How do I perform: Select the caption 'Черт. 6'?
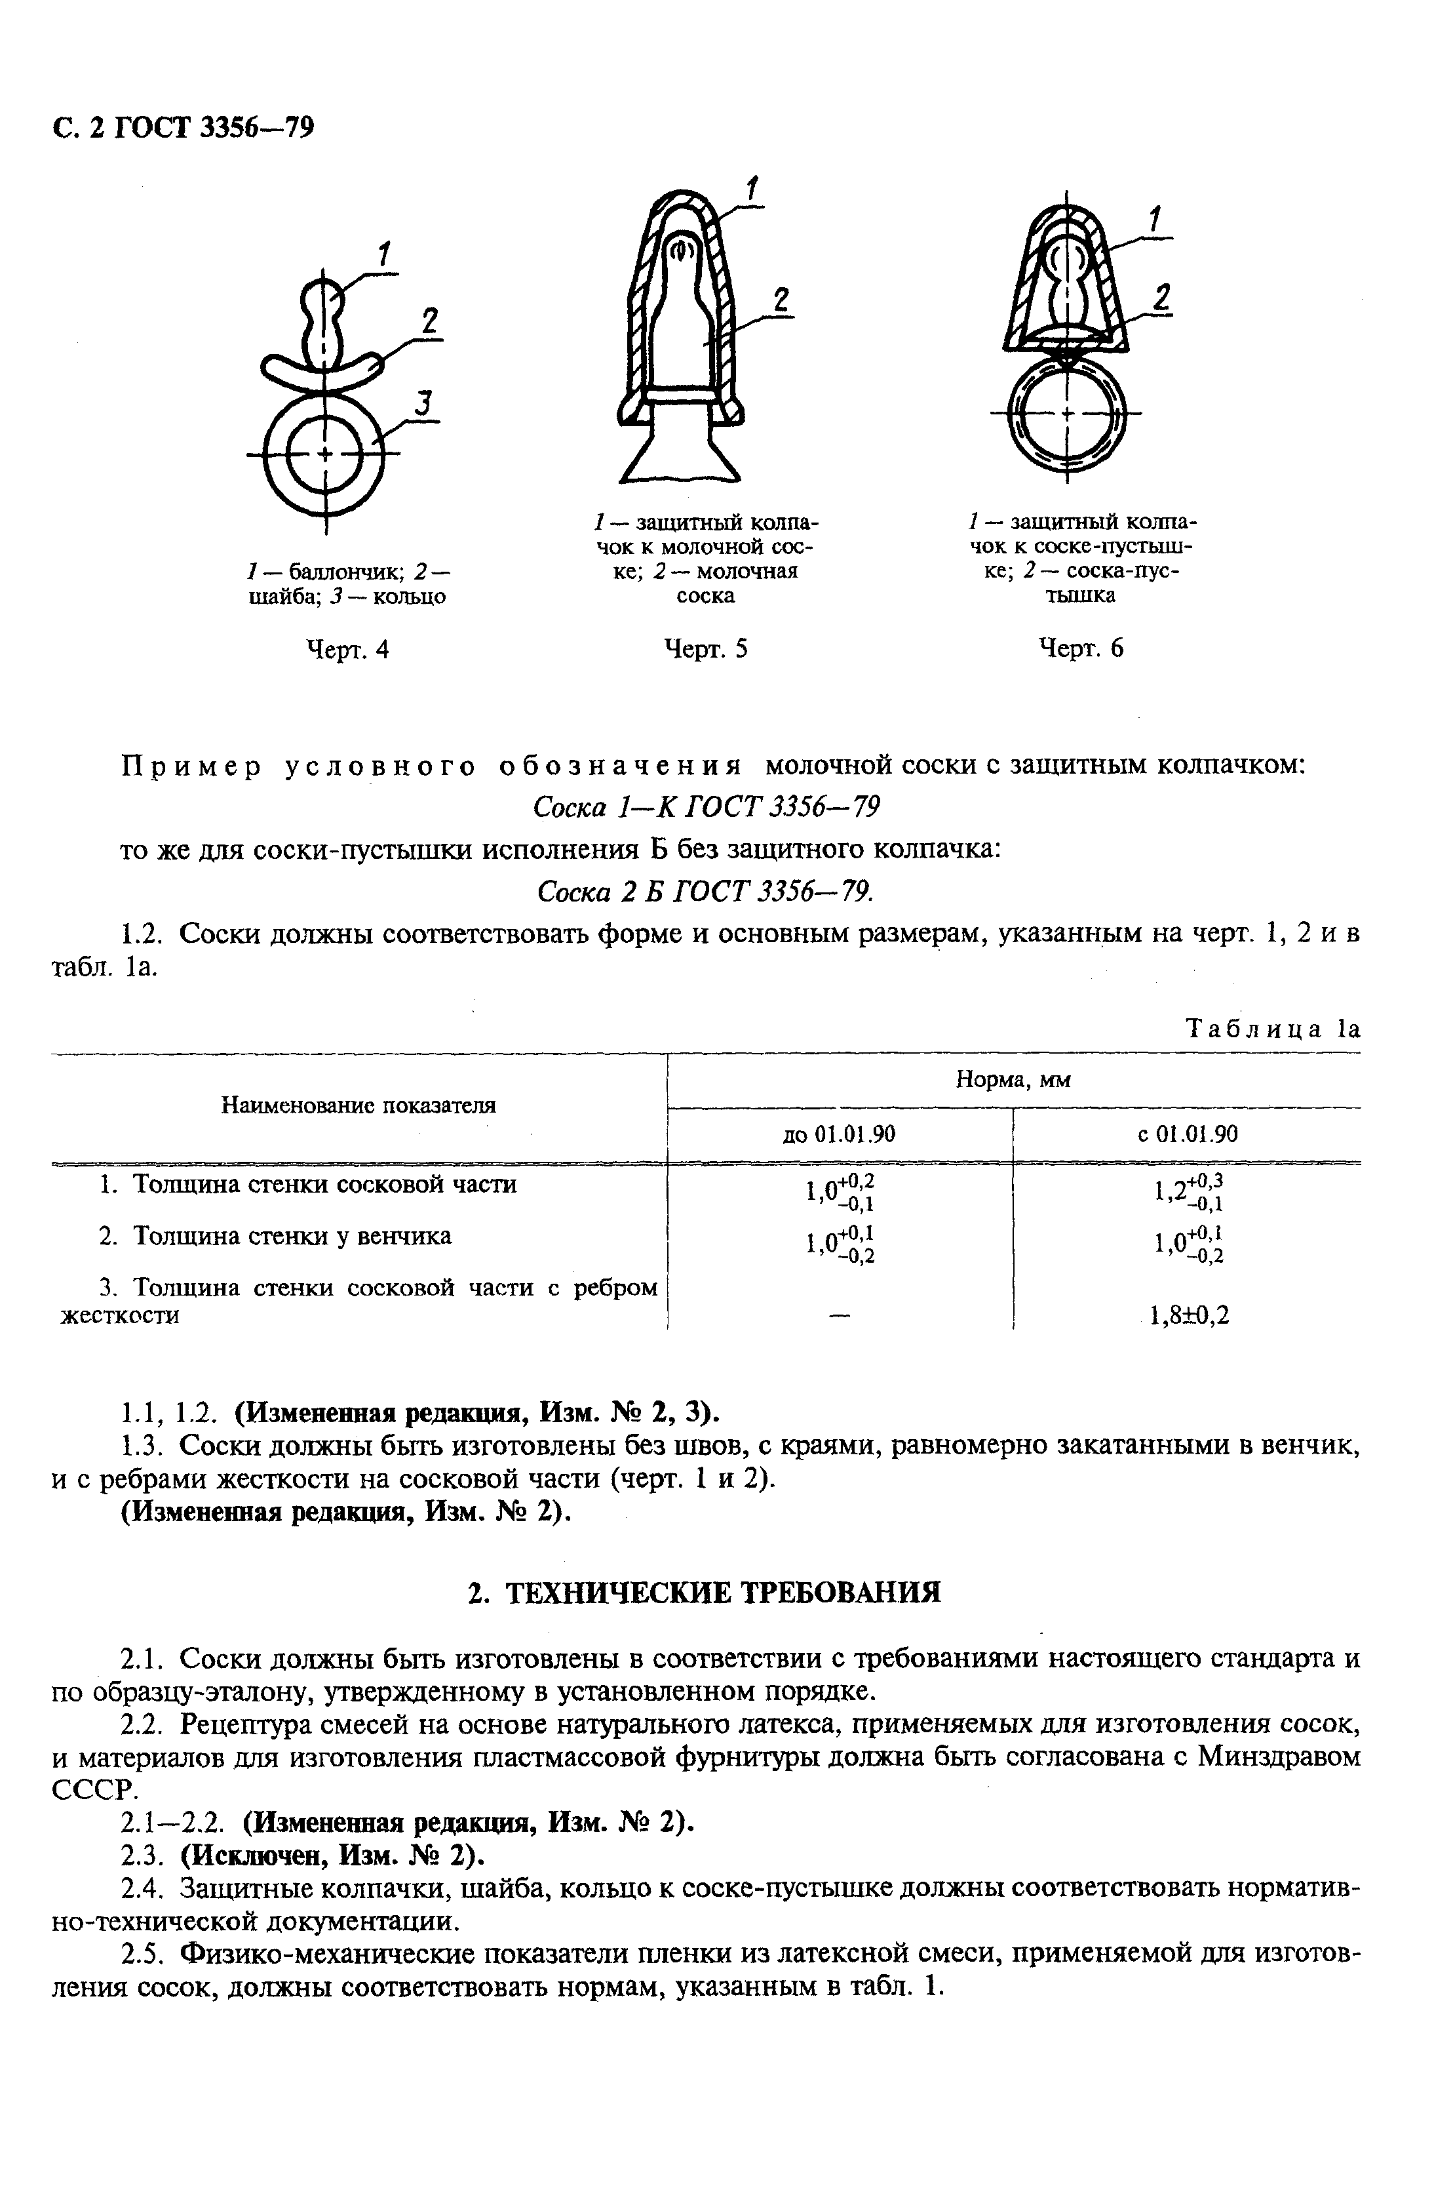point(1081,648)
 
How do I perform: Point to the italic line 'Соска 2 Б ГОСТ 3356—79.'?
point(706,892)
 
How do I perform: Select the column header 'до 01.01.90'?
point(840,1134)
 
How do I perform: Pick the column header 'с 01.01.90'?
point(1188,1134)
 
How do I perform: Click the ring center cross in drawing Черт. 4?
point(325,453)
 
